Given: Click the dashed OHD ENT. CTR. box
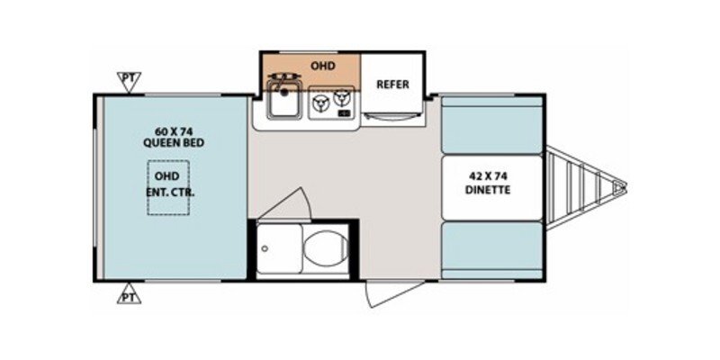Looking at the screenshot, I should [170, 187].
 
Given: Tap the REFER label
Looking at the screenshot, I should [393, 85].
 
